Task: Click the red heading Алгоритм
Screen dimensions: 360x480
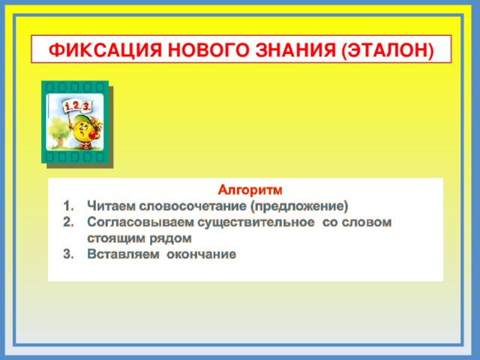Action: click(250, 190)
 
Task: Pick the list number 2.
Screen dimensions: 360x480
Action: click(67, 223)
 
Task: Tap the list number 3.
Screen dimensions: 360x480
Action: click(67, 254)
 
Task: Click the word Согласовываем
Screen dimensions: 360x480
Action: click(140, 223)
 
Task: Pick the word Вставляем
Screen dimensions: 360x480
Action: click(121, 254)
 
